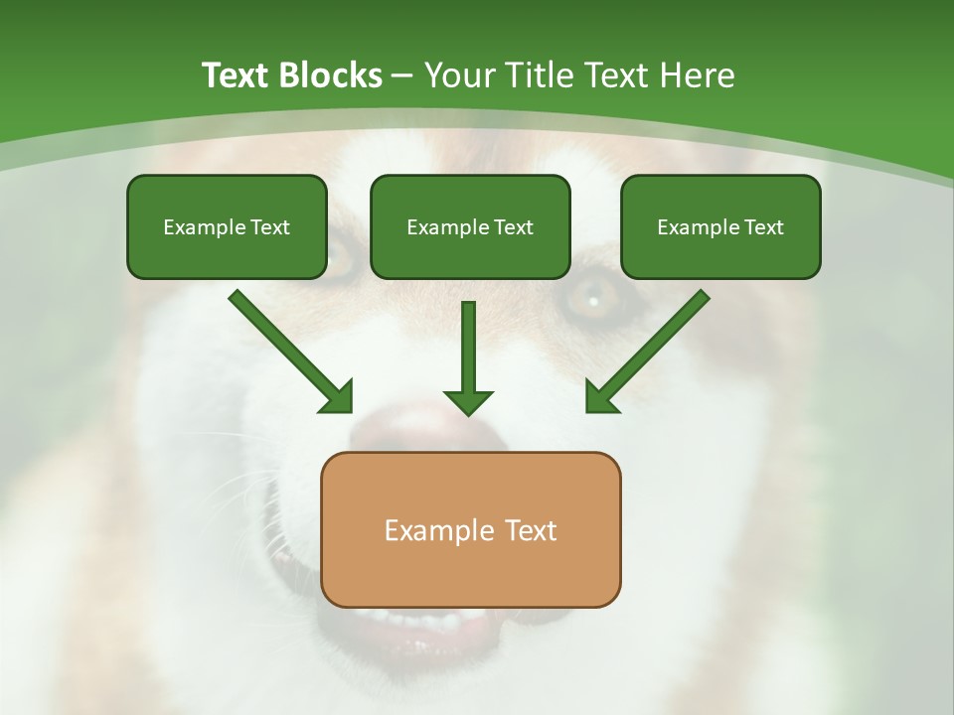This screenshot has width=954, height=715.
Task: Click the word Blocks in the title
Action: click(x=330, y=75)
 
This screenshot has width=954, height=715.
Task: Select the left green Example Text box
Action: click(x=227, y=226)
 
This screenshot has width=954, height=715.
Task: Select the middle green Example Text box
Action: click(x=470, y=226)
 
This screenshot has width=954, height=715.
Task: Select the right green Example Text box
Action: click(x=720, y=226)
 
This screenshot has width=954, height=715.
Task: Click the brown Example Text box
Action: click(x=470, y=529)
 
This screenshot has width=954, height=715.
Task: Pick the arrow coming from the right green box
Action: click(x=656, y=343)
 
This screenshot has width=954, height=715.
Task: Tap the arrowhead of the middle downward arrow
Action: click(x=468, y=401)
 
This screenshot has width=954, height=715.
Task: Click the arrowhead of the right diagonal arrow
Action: click(x=600, y=398)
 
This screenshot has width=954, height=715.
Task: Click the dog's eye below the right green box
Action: click(x=594, y=297)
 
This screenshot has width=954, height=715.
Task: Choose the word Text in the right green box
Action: click(x=763, y=227)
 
